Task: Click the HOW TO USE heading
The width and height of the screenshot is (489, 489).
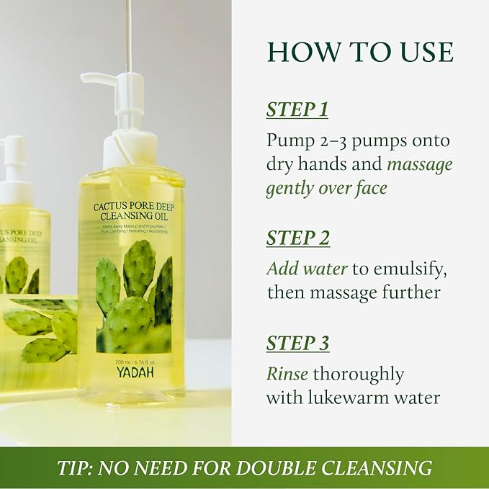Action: (360, 53)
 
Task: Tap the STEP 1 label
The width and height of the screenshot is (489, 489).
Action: (297, 109)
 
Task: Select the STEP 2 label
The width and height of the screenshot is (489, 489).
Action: (297, 238)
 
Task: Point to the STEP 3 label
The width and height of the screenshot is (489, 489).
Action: (297, 344)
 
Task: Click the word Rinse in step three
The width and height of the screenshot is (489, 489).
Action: (287, 374)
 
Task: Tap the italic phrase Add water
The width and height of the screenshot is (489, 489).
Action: (307, 269)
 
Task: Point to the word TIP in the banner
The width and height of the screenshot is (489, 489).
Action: (73, 468)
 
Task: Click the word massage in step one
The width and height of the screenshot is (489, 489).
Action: (420, 164)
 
